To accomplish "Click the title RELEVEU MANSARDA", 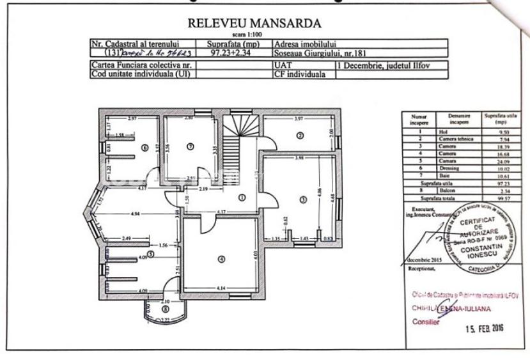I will (x=254, y=24).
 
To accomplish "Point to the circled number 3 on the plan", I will (x=302, y=199).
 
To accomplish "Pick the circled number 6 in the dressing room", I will (x=144, y=148).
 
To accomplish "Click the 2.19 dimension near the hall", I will (x=204, y=191).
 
